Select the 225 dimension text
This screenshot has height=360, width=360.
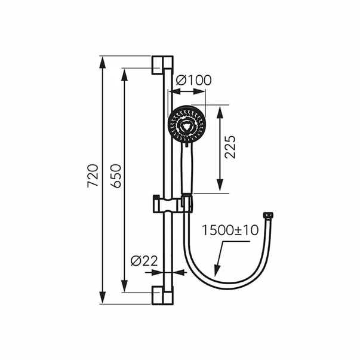point(231,147)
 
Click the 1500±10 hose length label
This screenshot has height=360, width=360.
point(230,230)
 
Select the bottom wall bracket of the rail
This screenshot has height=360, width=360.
point(162,293)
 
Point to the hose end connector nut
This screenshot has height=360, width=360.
point(269,214)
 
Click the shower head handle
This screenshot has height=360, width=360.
point(186,170)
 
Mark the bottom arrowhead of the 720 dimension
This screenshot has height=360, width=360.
point(103,300)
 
